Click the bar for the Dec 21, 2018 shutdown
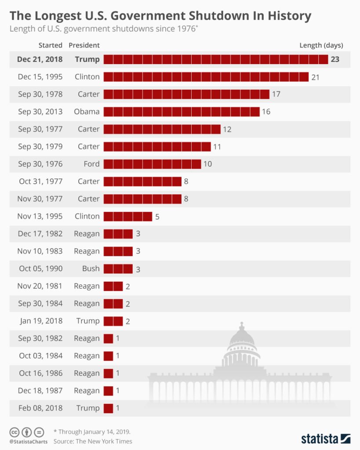click(x=215, y=59)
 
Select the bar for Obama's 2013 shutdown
click(x=181, y=112)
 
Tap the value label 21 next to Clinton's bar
click(x=315, y=77)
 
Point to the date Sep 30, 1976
click(x=40, y=164)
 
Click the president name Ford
click(x=91, y=164)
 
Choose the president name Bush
click(x=91, y=269)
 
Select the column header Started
click(x=51, y=45)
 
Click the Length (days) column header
click(x=321, y=45)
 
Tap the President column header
click(x=84, y=45)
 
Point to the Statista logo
click(x=325, y=438)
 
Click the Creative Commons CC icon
click(x=14, y=432)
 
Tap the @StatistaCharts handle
click(x=27, y=441)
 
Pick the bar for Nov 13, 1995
click(x=127, y=216)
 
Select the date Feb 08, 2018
click(x=40, y=408)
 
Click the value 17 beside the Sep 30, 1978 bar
click(x=276, y=94)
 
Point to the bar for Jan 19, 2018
click(x=113, y=321)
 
